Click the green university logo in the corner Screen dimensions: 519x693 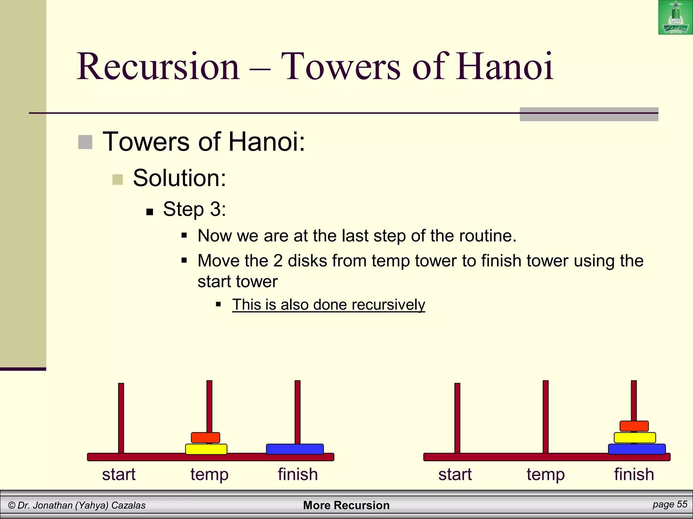coord(675,17)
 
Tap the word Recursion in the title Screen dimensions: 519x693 coord(158,67)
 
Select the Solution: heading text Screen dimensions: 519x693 coord(179,178)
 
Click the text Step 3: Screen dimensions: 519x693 coord(195,209)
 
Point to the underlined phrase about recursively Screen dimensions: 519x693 coord(328,305)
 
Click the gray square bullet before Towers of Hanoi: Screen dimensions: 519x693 coord(85,142)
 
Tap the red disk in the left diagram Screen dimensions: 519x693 coord(205,438)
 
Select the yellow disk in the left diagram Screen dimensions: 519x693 coord(206,449)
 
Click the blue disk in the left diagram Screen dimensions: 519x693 coord(295,449)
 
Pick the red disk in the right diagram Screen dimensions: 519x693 coord(634,426)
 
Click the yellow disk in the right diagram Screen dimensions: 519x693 coord(635,438)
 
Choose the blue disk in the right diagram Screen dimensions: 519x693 coord(637,449)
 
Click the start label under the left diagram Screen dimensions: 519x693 coord(119,474)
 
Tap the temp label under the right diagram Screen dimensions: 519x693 coord(545,474)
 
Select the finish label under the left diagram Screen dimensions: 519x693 coord(298,474)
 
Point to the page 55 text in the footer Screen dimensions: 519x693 coord(670,504)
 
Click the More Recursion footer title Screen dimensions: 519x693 coord(346,505)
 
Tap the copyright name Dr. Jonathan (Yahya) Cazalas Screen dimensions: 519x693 coord(77,505)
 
